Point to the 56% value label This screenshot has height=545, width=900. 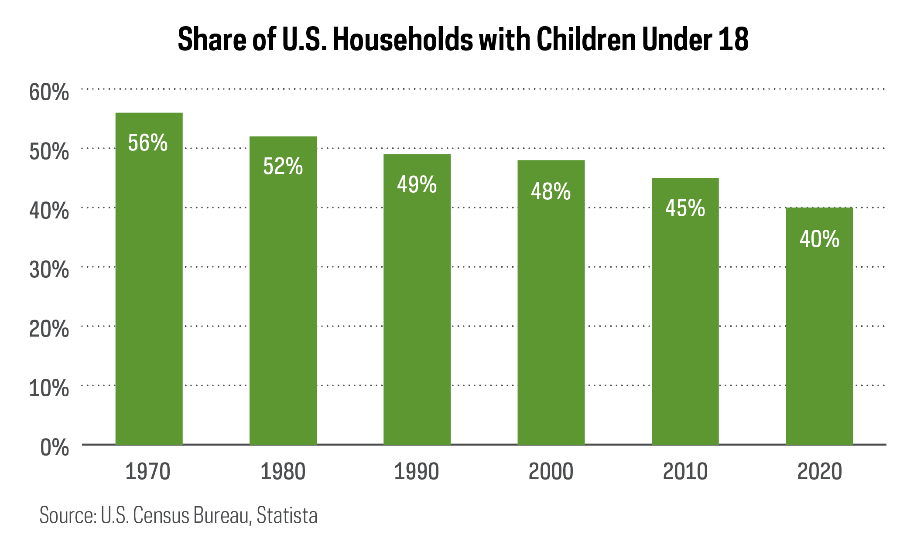tap(148, 143)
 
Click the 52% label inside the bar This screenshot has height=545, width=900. tap(283, 167)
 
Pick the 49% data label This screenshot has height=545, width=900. tap(417, 184)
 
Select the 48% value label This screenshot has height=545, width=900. tap(551, 192)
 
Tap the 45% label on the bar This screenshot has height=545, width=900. tap(685, 208)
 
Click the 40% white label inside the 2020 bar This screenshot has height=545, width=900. tap(819, 239)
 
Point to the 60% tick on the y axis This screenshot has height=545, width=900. tap(49, 92)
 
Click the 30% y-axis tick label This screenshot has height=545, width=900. tap(49, 270)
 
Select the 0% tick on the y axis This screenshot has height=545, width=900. tap(54, 448)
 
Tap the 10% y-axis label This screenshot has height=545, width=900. tap(49, 388)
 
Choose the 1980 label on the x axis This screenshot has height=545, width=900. tap(283, 472)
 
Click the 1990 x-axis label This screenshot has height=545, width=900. tap(417, 472)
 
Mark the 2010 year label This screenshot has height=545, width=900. tap(685, 472)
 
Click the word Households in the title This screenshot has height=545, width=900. tap(402, 39)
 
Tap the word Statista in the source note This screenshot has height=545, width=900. tap(287, 515)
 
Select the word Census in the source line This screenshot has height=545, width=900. tap(161, 515)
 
